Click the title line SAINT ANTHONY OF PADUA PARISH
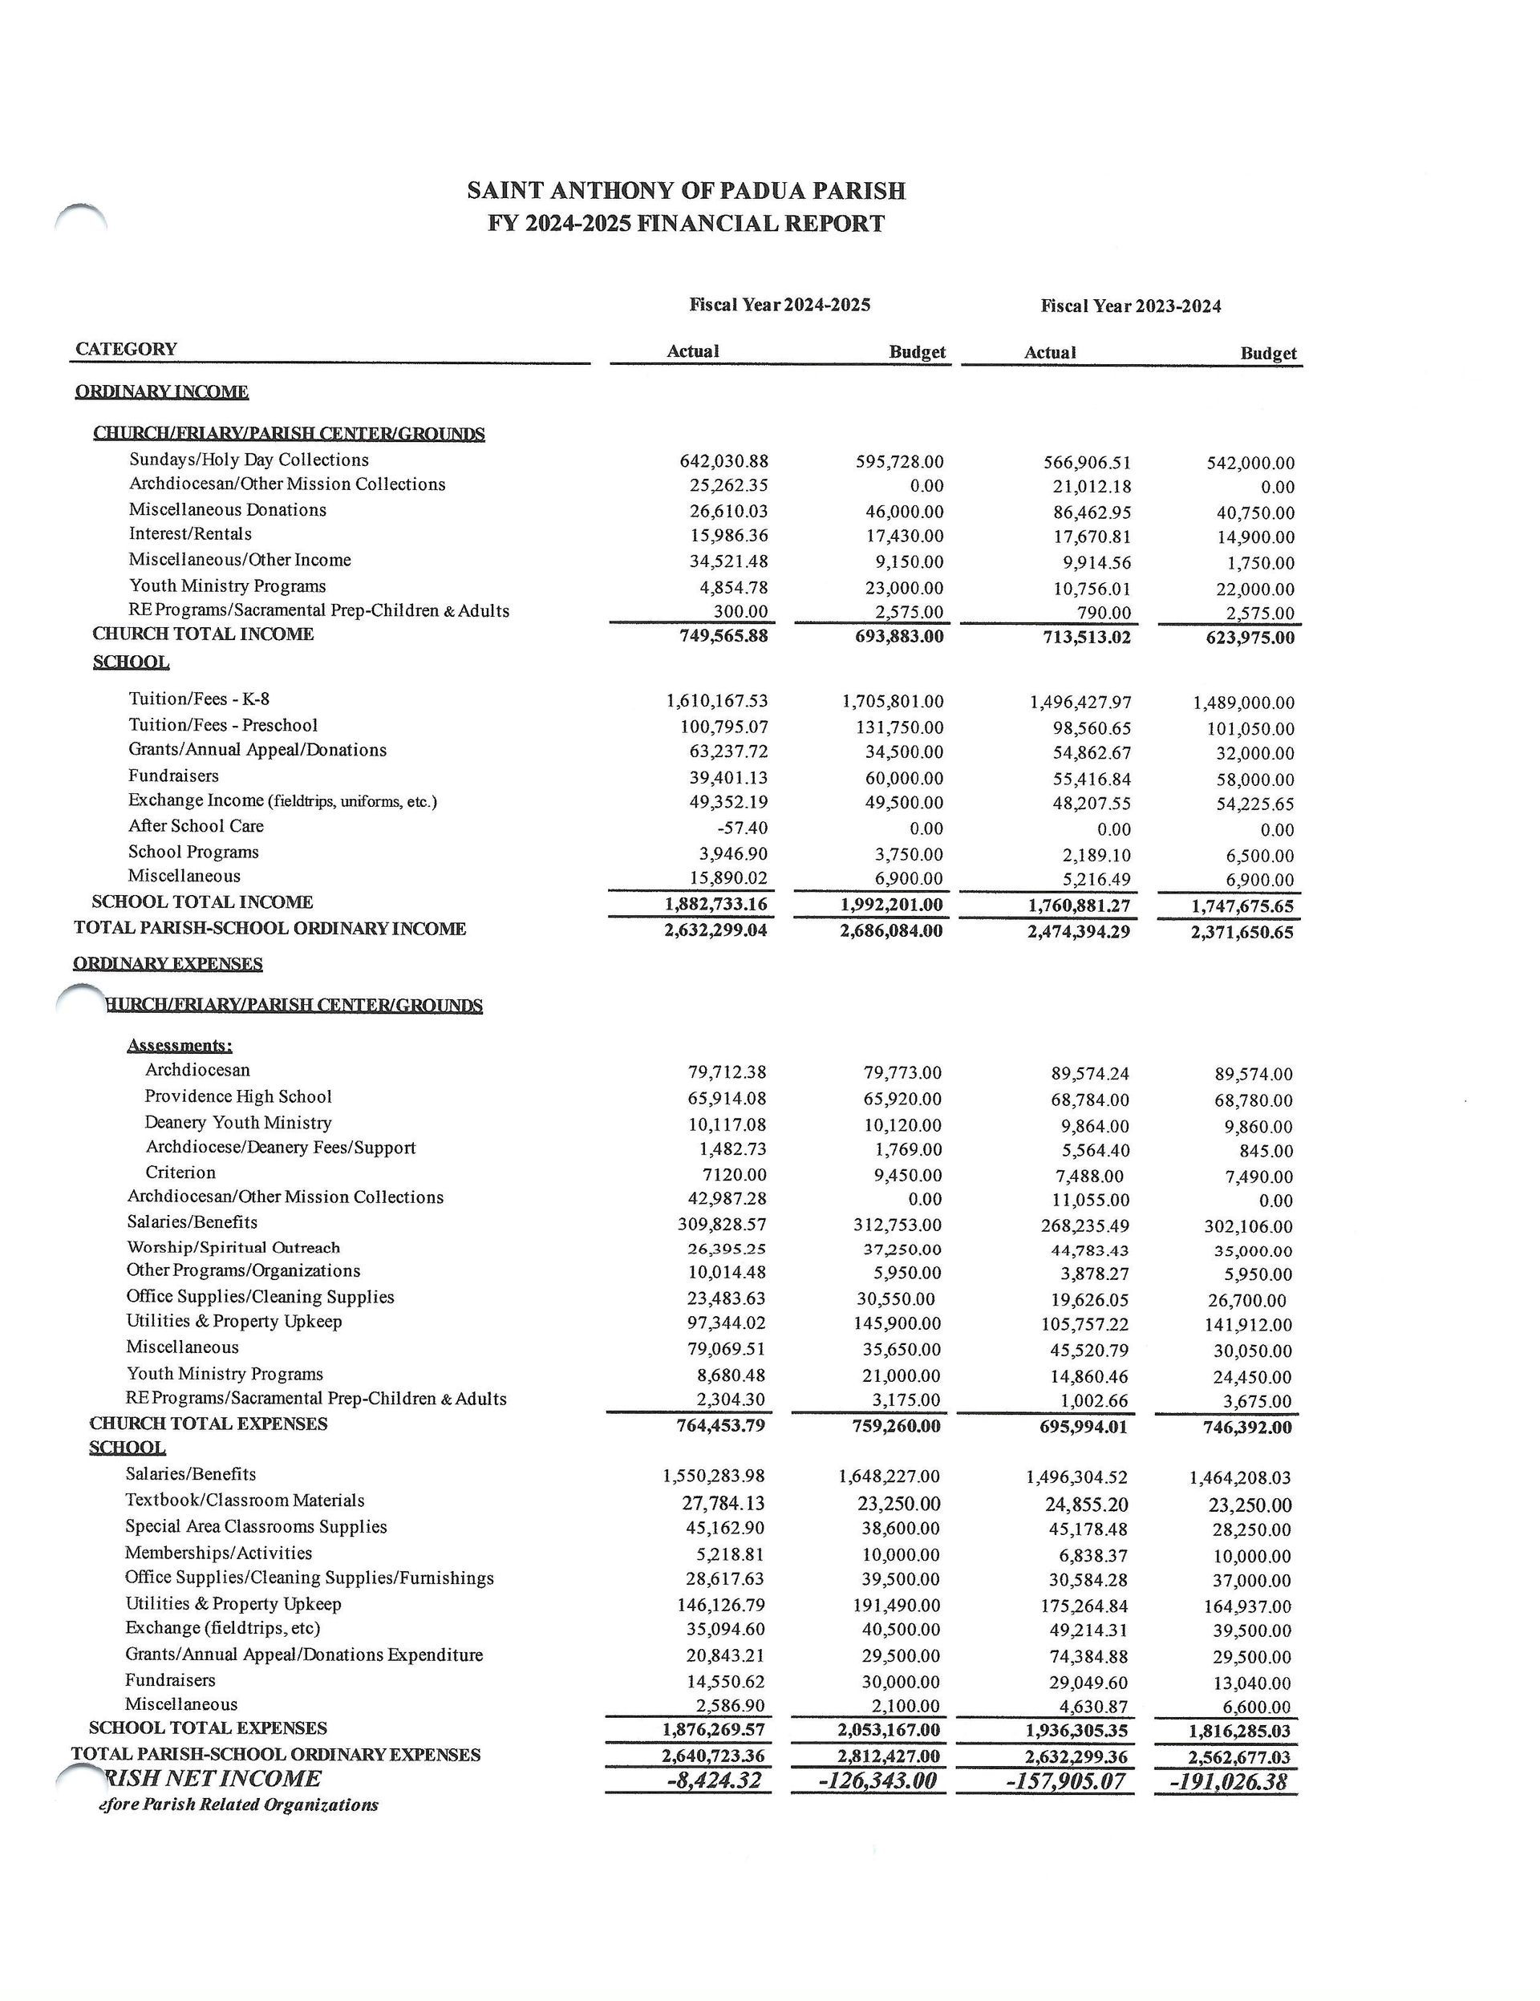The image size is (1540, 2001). (x=685, y=191)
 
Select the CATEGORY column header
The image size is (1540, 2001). (x=127, y=349)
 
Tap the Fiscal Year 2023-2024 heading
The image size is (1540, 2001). (x=1129, y=306)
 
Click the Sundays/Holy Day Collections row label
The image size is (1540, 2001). (x=249, y=460)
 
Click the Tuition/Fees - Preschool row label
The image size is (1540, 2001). (x=223, y=725)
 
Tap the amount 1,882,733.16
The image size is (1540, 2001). (x=715, y=905)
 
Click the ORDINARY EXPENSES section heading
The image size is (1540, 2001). (x=168, y=964)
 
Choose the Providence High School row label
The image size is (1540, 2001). (x=237, y=1096)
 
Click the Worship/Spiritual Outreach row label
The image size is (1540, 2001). (x=233, y=1247)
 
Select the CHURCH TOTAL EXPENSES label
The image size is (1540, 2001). (x=208, y=1424)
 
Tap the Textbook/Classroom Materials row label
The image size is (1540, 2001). (x=245, y=1501)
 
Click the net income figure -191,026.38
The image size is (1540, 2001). (x=1228, y=1782)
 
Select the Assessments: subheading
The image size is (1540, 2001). (x=180, y=1045)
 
